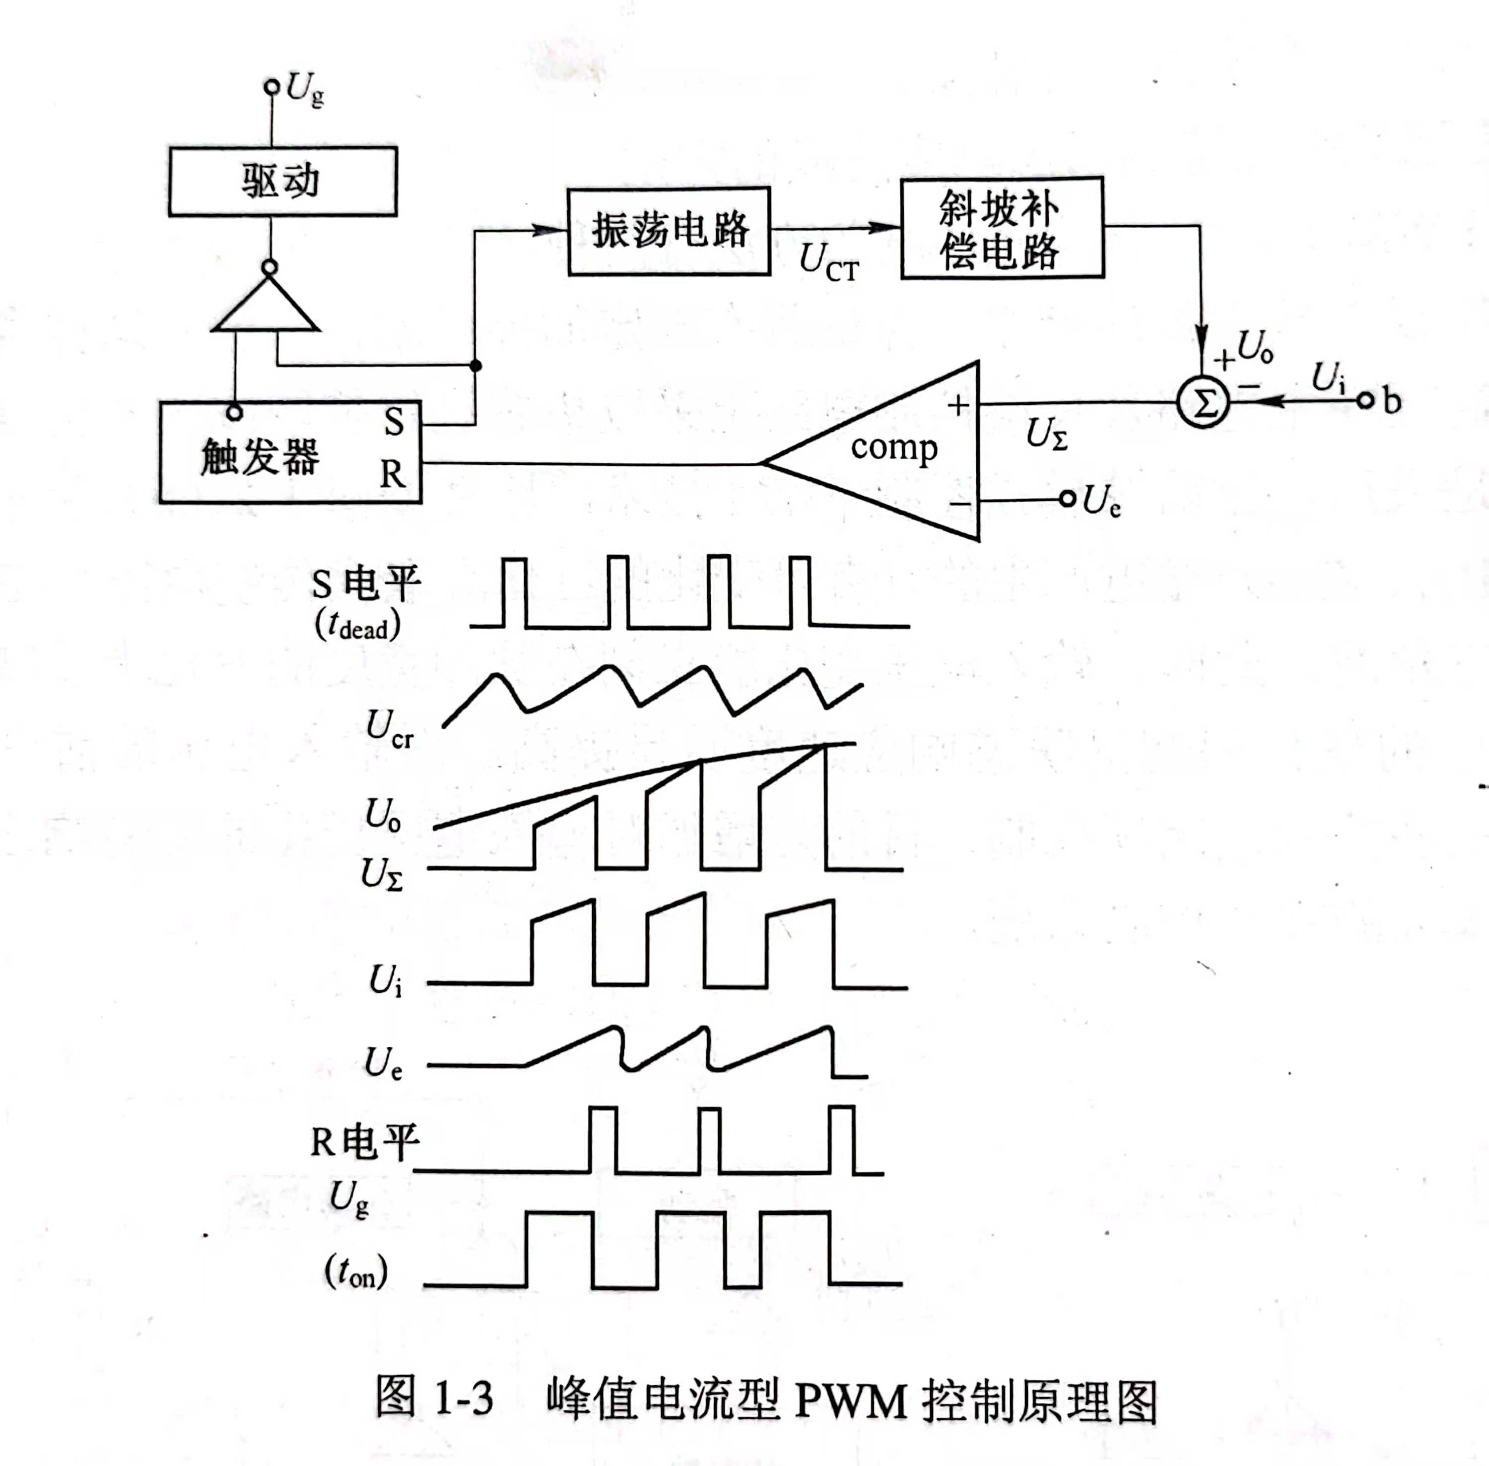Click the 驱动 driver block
pos(283,182)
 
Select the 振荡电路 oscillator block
pos(669,231)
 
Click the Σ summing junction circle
pos(1203,402)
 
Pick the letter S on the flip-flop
pos(394,422)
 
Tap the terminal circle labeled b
pos(1365,400)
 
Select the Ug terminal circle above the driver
pos(271,87)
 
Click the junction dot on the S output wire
pos(475,365)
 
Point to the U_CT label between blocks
pos(828,262)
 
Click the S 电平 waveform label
pos(366,583)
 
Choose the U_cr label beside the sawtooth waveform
pos(390,728)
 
